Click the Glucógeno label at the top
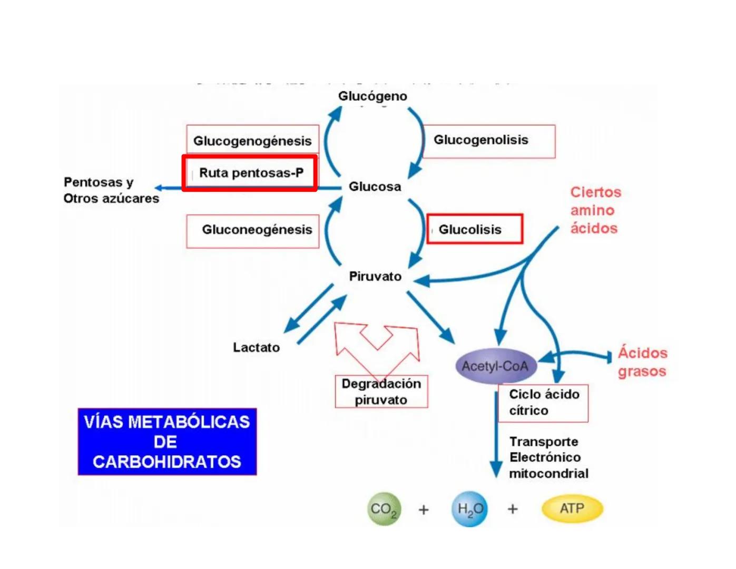pyautogui.click(x=372, y=96)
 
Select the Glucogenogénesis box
pyautogui.click(x=252, y=140)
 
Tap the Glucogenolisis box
pyautogui.click(x=488, y=141)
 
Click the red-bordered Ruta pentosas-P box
pyautogui.click(x=250, y=173)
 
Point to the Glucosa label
pyautogui.click(x=375, y=187)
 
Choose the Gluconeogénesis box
pyautogui.click(x=253, y=230)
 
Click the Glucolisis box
pyautogui.click(x=474, y=229)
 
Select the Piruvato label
pyautogui.click(x=375, y=276)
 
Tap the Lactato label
pyautogui.click(x=256, y=347)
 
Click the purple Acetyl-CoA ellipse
pyautogui.click(x=495, y=366)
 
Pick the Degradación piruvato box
pyautogui.click(x=381, y=391)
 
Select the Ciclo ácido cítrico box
pyautogui.click(x=543, y=403)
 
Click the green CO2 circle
pyautogui.click(x=384, y=509)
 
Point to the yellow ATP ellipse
pyautogui.click(x=572, y=508)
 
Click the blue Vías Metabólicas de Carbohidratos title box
pyautogui.click(x=167, y=442)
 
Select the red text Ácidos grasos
pyautogui.click(x=642, y=362)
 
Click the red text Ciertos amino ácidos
pyautogui.click(x=595, y=210)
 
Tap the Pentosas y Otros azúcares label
pyautogui.click(x=111, y=190)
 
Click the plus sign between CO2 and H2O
pyautogui.click(x=424, y=509)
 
